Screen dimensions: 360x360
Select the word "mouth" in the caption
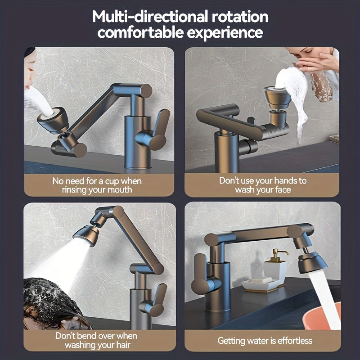click(118, 189)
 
